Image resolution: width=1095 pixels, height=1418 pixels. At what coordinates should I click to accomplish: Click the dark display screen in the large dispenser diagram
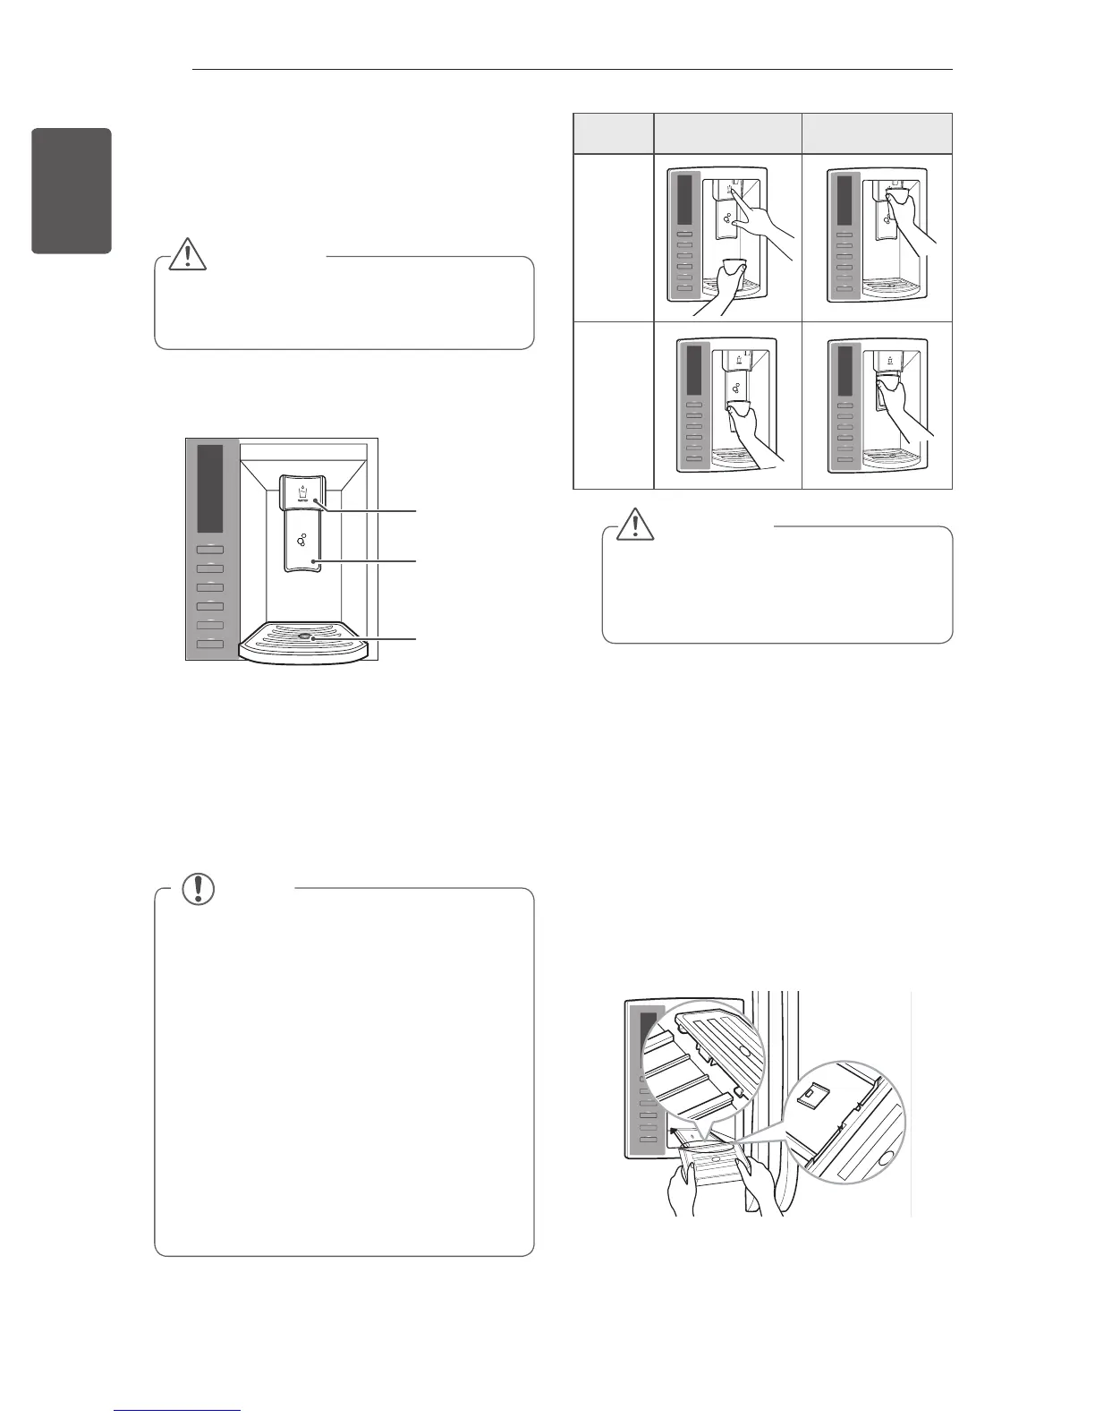[x=210, y=488]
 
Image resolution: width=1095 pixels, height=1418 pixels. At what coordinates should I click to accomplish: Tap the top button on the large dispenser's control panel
[x=210, y=548]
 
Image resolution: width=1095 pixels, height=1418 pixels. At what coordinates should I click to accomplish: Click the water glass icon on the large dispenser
[x=302, y=493]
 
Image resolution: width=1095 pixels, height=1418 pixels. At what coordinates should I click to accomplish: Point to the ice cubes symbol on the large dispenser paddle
[x=301, y=540]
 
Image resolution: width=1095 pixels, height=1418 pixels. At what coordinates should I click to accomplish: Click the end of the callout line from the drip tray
[x=416, y=638]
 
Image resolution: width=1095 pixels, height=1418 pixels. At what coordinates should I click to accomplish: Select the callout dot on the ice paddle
[x=314, y=560]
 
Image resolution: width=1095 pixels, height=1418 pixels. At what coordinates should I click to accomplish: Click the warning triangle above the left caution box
[x=189, y=254]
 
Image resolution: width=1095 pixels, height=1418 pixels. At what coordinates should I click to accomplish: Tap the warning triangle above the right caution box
[x=636, y=524]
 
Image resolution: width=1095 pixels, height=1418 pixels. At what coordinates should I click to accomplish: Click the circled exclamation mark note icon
[x=198, y=887]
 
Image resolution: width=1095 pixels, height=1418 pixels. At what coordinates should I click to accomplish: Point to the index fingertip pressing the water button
[x=733, y=189]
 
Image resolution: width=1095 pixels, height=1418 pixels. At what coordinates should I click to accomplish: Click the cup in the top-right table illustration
[x=896, y=192]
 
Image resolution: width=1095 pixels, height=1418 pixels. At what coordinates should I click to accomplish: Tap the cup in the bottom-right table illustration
[x=889, y=384]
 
